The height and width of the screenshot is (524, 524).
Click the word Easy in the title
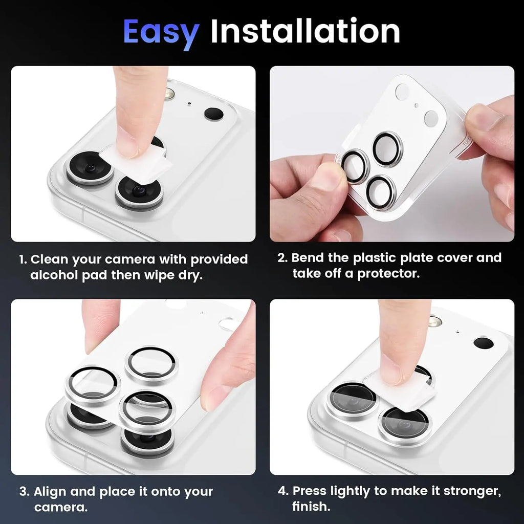pyautogui.click(x=160, y=32)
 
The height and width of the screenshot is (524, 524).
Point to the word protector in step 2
pyautogui.click(x=388, y=273)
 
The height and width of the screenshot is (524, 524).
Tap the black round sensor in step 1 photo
pyautogui.click(x=213, y=114)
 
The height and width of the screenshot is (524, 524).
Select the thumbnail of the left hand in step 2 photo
pyautogui.click(x=325, y=177)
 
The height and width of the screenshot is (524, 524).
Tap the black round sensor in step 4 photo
pyautogui.click(x=483, y=343)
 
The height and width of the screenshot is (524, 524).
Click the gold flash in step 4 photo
pyautogui.click(x=434, y=321)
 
